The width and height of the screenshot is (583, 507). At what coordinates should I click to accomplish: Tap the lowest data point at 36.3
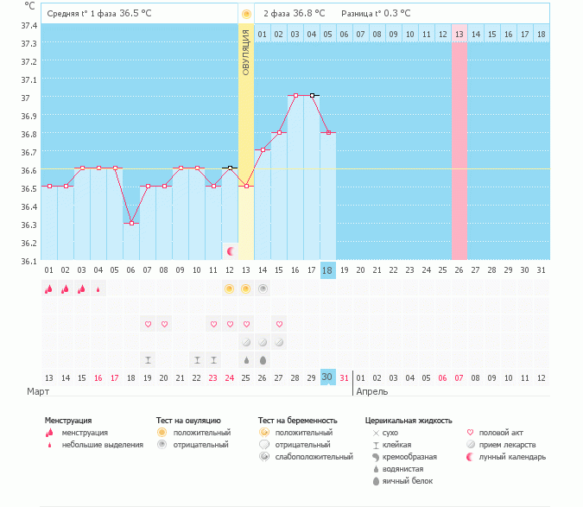pyautogui.click(x=131, y=223)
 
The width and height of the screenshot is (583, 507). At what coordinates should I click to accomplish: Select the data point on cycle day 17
pyautogui.click(x=312, y=95)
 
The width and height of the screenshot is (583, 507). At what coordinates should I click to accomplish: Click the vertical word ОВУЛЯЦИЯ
pyautogui.click(x=246, y=53)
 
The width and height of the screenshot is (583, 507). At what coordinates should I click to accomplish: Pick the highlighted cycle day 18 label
pyautogui.click(x=327, y=269)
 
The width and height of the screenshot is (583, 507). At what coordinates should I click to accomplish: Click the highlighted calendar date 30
pyautogui.click(x=327, y=377)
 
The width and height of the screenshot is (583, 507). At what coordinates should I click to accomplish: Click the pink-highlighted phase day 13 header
pyautogui.click(x=459, y=34)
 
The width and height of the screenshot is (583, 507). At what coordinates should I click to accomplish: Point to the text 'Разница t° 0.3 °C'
pyautogui.click(x=376, y=14)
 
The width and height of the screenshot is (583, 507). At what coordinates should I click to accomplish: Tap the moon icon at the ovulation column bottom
pyautogui.click(x=231, y=250)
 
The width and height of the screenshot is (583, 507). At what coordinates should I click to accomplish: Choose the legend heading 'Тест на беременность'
pyautogui.click(x=297, y=420)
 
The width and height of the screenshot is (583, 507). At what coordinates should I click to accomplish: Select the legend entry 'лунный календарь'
pyautogui.click(x=516, y=456)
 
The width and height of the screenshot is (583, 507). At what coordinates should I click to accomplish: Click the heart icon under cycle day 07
pyautogui.click(x=148, y=324)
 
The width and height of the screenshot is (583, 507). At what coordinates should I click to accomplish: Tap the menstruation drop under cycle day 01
pyautogui.click(x=49, y=289)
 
